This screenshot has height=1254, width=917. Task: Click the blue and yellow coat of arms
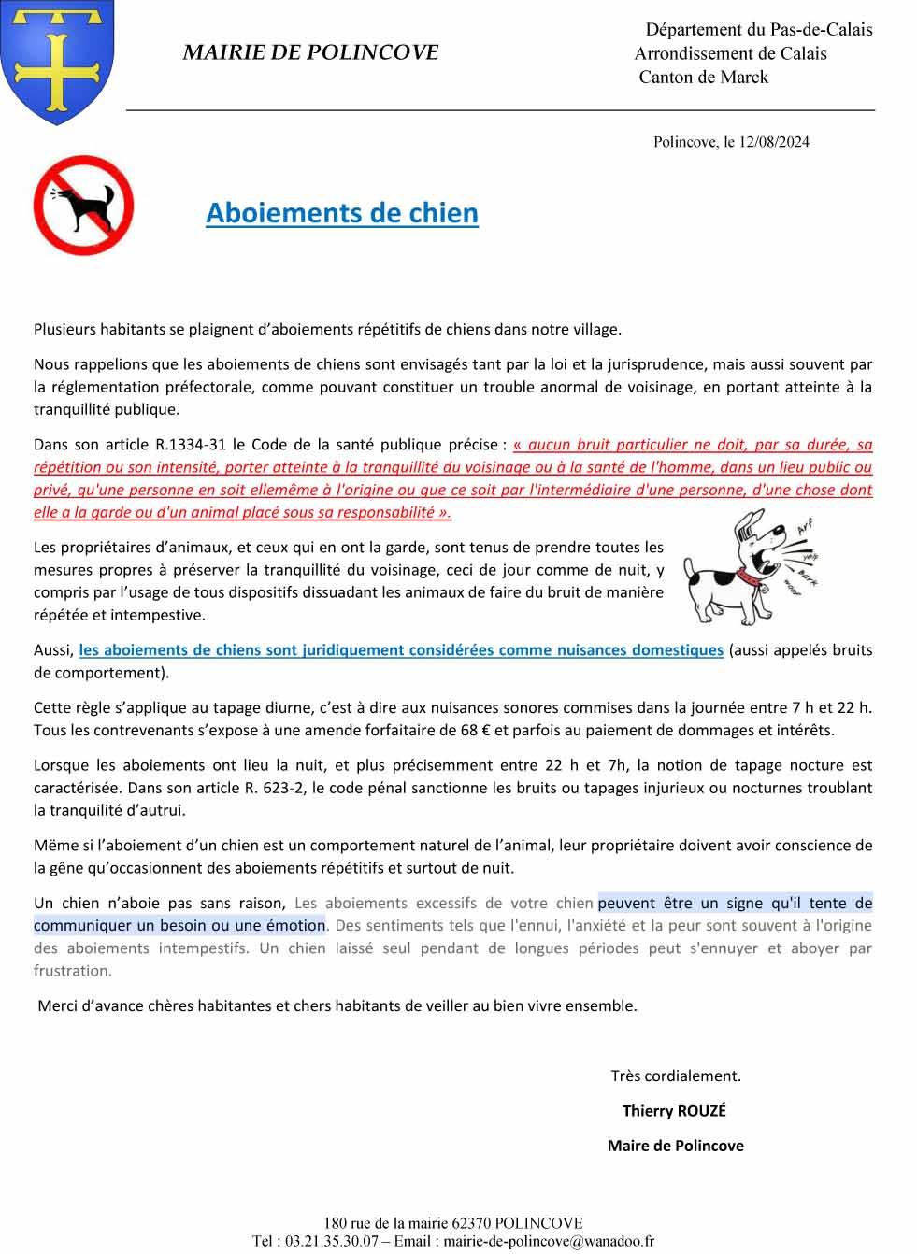pos(58,61)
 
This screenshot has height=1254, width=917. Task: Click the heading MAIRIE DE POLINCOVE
pos(310,52)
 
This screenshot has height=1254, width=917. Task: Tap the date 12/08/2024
pos(774,142)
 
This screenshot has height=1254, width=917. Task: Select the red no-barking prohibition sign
pos(83,206)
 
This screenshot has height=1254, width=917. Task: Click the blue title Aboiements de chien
pos(342,213)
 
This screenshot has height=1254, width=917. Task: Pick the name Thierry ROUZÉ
pos(674,1111)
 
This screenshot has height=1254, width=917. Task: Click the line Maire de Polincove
pos(675,1146)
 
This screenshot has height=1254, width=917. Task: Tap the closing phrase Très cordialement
pos(676,1076)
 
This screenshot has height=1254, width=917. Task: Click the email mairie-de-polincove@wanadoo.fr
pos(549,1242)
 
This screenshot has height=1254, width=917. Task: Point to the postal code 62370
pos(471,1223)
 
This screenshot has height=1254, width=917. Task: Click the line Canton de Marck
pos(703,78)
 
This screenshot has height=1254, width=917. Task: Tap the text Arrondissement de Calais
pos(730,54)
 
